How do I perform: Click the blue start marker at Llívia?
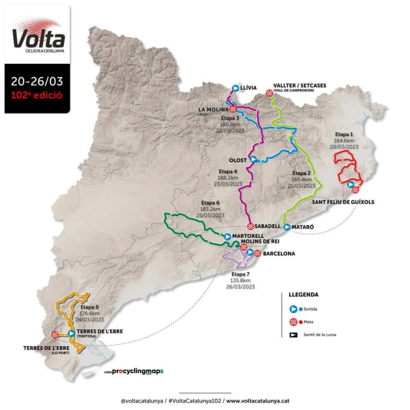coord(236,88)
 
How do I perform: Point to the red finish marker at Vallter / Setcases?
coord(269,93)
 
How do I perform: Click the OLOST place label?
coord(238,160)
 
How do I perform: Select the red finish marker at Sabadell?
coord(250,226)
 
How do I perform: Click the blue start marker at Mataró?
coord(287,227)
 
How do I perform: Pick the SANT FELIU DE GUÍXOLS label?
coord(343,202)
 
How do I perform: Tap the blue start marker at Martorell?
coord(228,236)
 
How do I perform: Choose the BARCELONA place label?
coord(279,253)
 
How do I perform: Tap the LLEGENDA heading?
coord(303,294)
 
